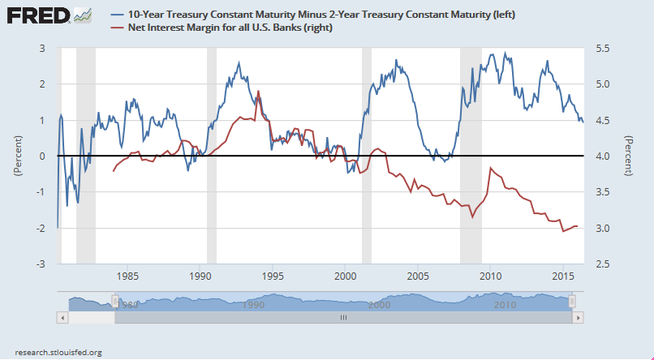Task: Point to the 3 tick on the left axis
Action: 44,48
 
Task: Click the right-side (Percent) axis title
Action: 629,156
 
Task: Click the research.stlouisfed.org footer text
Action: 52,352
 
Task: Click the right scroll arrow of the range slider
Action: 577,318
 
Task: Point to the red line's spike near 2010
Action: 490,168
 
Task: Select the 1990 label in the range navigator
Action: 253,305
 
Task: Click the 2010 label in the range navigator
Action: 506,305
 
